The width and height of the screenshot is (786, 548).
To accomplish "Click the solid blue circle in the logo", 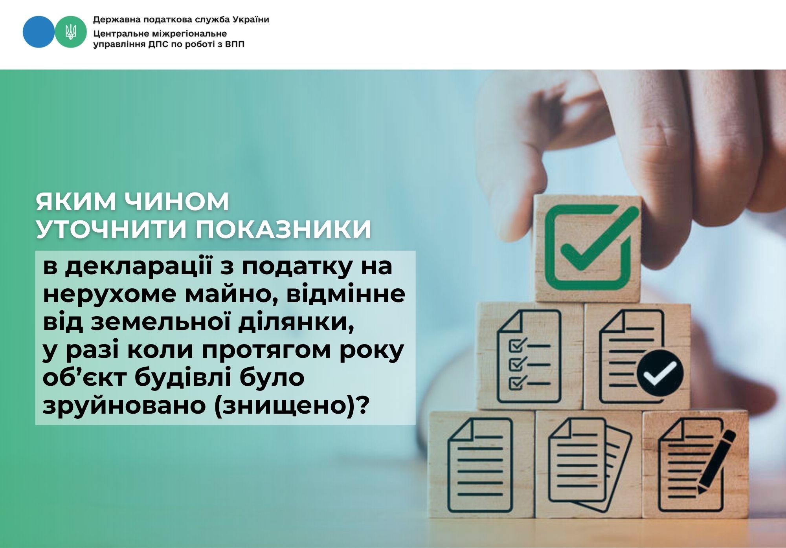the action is (39, 32).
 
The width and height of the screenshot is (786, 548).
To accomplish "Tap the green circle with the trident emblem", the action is (71, 32).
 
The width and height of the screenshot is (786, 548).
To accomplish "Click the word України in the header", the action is (251, 19).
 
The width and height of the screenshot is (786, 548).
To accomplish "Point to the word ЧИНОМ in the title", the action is (177, 202).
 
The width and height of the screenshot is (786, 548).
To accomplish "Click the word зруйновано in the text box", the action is (124, 406).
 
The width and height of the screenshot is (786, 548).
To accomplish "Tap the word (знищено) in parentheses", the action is (288, 406).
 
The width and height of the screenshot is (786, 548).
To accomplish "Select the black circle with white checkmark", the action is (660, 372).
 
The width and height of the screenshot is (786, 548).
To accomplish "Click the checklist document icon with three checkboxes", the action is (529, 357).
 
